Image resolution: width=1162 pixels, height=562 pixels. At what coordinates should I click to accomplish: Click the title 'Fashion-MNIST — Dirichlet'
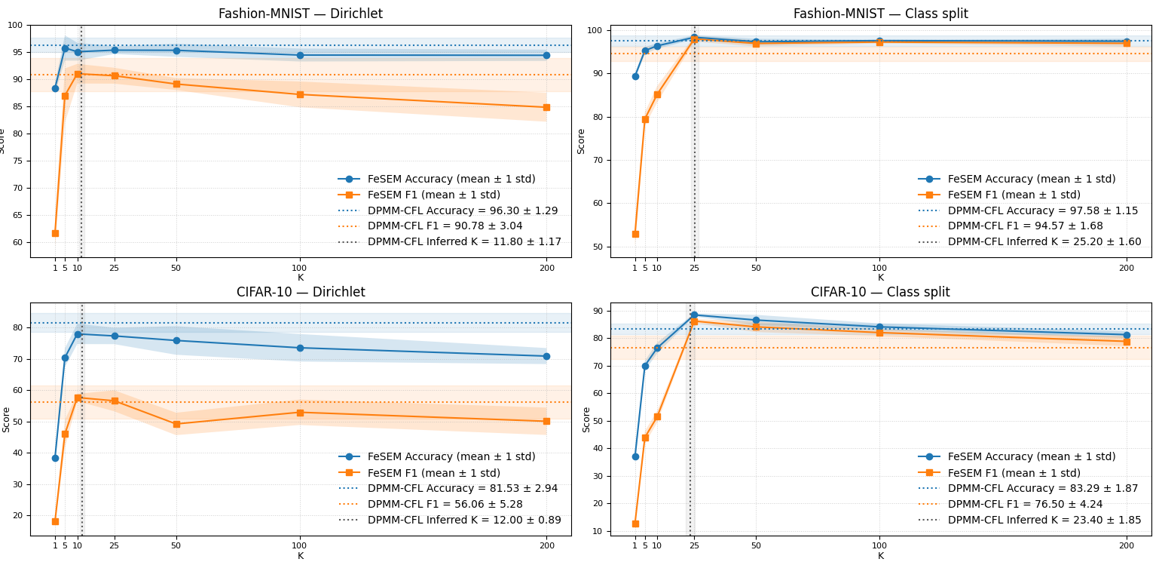coord(300,14)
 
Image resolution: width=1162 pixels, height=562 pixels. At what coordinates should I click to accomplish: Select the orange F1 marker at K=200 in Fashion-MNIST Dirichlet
coord(546,107)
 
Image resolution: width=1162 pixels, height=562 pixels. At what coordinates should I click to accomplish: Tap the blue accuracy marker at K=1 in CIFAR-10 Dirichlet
coord(55,458)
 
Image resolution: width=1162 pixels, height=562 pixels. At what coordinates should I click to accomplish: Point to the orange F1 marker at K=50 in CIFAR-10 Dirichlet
coord(176,424)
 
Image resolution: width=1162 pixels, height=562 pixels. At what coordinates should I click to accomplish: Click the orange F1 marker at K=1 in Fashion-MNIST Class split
coord(635,234)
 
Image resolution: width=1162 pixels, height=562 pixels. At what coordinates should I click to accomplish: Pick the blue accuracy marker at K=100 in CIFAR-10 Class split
coord(879,327)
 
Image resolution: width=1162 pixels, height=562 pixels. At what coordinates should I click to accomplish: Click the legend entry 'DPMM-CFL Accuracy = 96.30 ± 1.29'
coord(463,210)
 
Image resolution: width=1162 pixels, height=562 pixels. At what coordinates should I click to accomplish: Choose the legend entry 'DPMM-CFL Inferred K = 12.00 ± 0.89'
coord(464,520)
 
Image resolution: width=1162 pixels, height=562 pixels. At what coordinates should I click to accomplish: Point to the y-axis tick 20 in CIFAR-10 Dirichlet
coord(17,516)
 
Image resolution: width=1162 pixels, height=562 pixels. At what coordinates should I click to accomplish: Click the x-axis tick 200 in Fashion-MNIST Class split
coord(1127,267)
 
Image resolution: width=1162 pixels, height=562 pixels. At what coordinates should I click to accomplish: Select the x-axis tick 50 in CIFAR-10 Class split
coord(756,545)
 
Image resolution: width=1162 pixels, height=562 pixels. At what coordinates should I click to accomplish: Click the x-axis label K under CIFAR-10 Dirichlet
coord(300,556)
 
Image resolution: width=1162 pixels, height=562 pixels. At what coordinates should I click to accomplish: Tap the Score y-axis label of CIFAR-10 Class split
coord(586,419)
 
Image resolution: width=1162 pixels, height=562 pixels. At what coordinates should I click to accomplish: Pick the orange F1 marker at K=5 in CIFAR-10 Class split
coord(645,438)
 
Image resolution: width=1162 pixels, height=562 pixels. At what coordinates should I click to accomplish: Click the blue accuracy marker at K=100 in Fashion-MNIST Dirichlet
coord(300,55)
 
